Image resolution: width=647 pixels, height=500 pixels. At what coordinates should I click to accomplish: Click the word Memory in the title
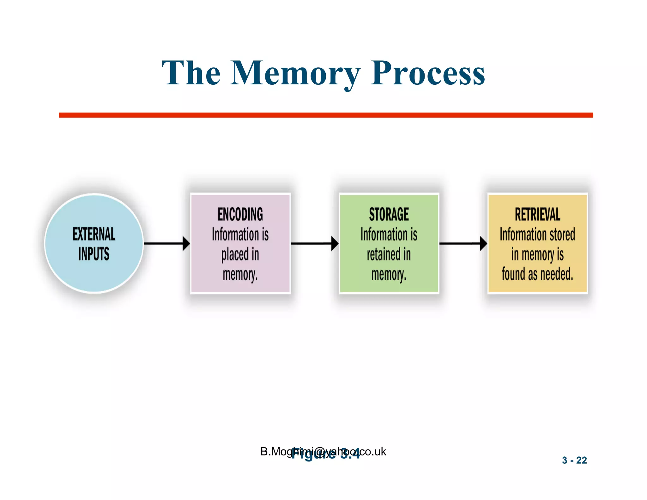pyautogui.click(x=295, y=73)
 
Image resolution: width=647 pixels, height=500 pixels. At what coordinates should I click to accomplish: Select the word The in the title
pyautogui.click(x=191, y=73)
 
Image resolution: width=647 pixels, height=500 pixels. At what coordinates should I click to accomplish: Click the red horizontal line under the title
pyautogui.click(x=325, y=115)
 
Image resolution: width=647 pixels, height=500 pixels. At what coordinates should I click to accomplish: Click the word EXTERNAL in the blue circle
pyautogui.click(x=94, y=234)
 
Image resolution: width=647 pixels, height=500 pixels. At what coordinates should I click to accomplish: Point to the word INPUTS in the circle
pyautogui.click(x=94, y=254)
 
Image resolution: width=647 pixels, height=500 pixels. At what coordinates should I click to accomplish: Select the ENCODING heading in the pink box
pyautogui.click(x=240, y=214)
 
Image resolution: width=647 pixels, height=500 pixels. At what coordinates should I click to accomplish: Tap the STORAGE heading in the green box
pyautogui.click(x=389, y=214)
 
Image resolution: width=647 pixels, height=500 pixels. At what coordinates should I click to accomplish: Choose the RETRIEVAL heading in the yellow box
pyautogui.click(x=537, y=214)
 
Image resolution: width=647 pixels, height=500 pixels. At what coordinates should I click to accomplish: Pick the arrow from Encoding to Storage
pyautogui.click(x=314, y=243)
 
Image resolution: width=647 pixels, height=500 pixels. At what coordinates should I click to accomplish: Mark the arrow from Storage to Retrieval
pyautogui.click(x=463, y=243)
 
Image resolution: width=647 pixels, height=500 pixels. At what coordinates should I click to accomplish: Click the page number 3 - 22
pyautogui.click(x=574, y=460)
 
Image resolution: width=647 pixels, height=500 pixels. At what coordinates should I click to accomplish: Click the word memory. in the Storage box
pyautogui.click(x=389, y=274)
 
